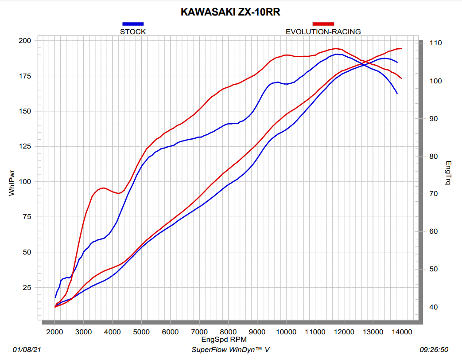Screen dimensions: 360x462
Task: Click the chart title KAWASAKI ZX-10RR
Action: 230,12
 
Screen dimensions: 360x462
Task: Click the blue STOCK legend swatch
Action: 133,23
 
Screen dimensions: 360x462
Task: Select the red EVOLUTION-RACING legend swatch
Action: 323,23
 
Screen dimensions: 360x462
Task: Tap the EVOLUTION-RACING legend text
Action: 323,31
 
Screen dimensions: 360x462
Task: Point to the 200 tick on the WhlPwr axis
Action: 25,41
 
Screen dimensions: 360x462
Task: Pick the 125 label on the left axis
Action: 25,146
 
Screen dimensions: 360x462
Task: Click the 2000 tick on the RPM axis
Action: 54,332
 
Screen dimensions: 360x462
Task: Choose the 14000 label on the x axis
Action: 401,332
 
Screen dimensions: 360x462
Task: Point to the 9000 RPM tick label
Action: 257,332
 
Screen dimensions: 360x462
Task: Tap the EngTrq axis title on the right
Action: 448,173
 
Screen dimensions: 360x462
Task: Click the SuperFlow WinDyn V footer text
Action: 230,350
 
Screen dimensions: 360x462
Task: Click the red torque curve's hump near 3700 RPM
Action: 103,188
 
